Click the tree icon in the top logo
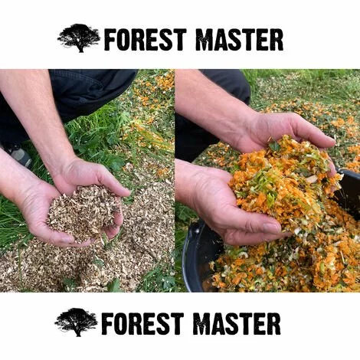[79, 38]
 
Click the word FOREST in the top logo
[145, 39]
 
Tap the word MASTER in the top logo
[239, 39]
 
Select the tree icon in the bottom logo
[76, 322]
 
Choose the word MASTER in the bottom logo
[237, 324]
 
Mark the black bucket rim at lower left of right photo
[189, 255]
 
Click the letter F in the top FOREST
[110, 40]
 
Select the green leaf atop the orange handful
[275, 146]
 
